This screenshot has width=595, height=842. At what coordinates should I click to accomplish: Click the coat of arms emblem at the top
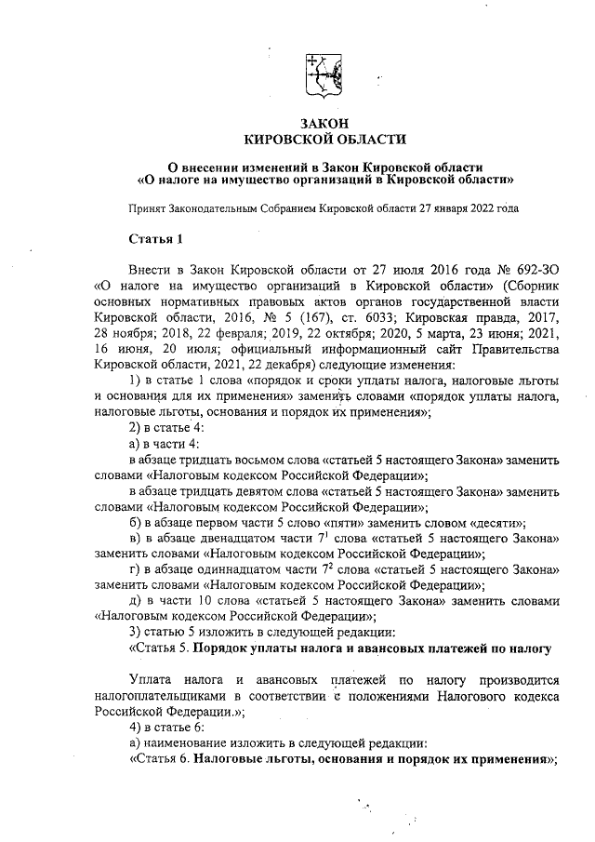[x=324, y=74]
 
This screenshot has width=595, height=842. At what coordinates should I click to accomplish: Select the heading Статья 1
[x=155, y=240]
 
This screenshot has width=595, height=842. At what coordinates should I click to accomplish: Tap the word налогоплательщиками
[x=156, y=690]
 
